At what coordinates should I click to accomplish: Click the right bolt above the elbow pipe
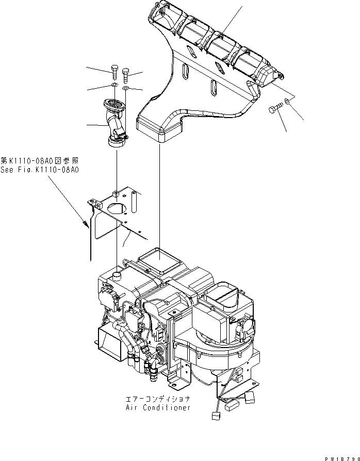[x=126, y=77]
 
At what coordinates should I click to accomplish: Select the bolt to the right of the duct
[x=274, y=110]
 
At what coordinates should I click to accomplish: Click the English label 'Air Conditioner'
[x=158, y=407]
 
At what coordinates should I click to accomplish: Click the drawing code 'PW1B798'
[x=340, y=457]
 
